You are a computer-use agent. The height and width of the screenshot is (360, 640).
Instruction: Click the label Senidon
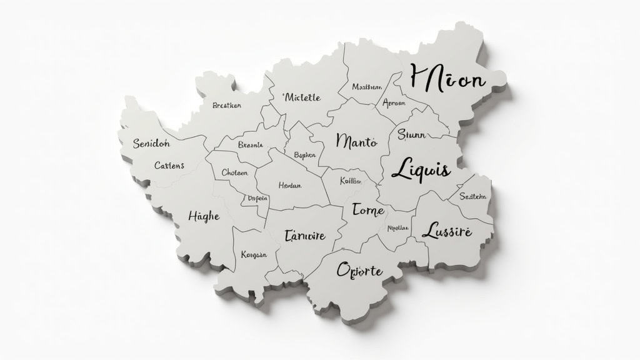pyautogui.click(x=151, y=144)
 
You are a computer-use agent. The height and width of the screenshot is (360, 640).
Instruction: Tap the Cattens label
pyautogui.click(x=169, y=166)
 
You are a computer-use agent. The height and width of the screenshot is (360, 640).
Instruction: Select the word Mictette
pyautogui.click(x=301, y=97)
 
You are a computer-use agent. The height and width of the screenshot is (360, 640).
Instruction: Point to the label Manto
pyautogui.click(x=356, y=141)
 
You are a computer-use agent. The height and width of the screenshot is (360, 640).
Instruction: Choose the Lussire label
pyautogui.click(x=447, y=232)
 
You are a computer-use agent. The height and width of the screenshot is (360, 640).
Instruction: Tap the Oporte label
pyautogui.click(x=359, y=270)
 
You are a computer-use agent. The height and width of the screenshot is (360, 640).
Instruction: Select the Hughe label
pyautogui.click(x=204, y=216)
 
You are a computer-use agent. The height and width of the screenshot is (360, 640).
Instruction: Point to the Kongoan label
pyautogui.click(x=254, y=255)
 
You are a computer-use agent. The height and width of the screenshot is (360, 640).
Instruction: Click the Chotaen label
pyautogui.click(x=235, y=173)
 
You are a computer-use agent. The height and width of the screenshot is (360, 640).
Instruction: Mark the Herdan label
pyautogui.click(x=290, y=186)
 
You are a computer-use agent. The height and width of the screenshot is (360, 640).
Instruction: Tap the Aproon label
pyautogui.click(x=394, y=103)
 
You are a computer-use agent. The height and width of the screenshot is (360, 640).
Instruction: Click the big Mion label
pyautogui.click(x=447, y=79)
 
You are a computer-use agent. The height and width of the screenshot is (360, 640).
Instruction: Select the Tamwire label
pyautogui.click(x=304, y=236)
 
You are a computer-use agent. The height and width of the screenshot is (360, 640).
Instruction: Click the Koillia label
pyautogui.click(x=351, y=181)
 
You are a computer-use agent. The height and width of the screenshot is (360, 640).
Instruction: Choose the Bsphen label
pyautogui.click(x=304, y=155)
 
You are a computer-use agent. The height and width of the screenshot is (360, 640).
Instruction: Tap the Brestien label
pyautogui.click(x=226, y=106)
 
